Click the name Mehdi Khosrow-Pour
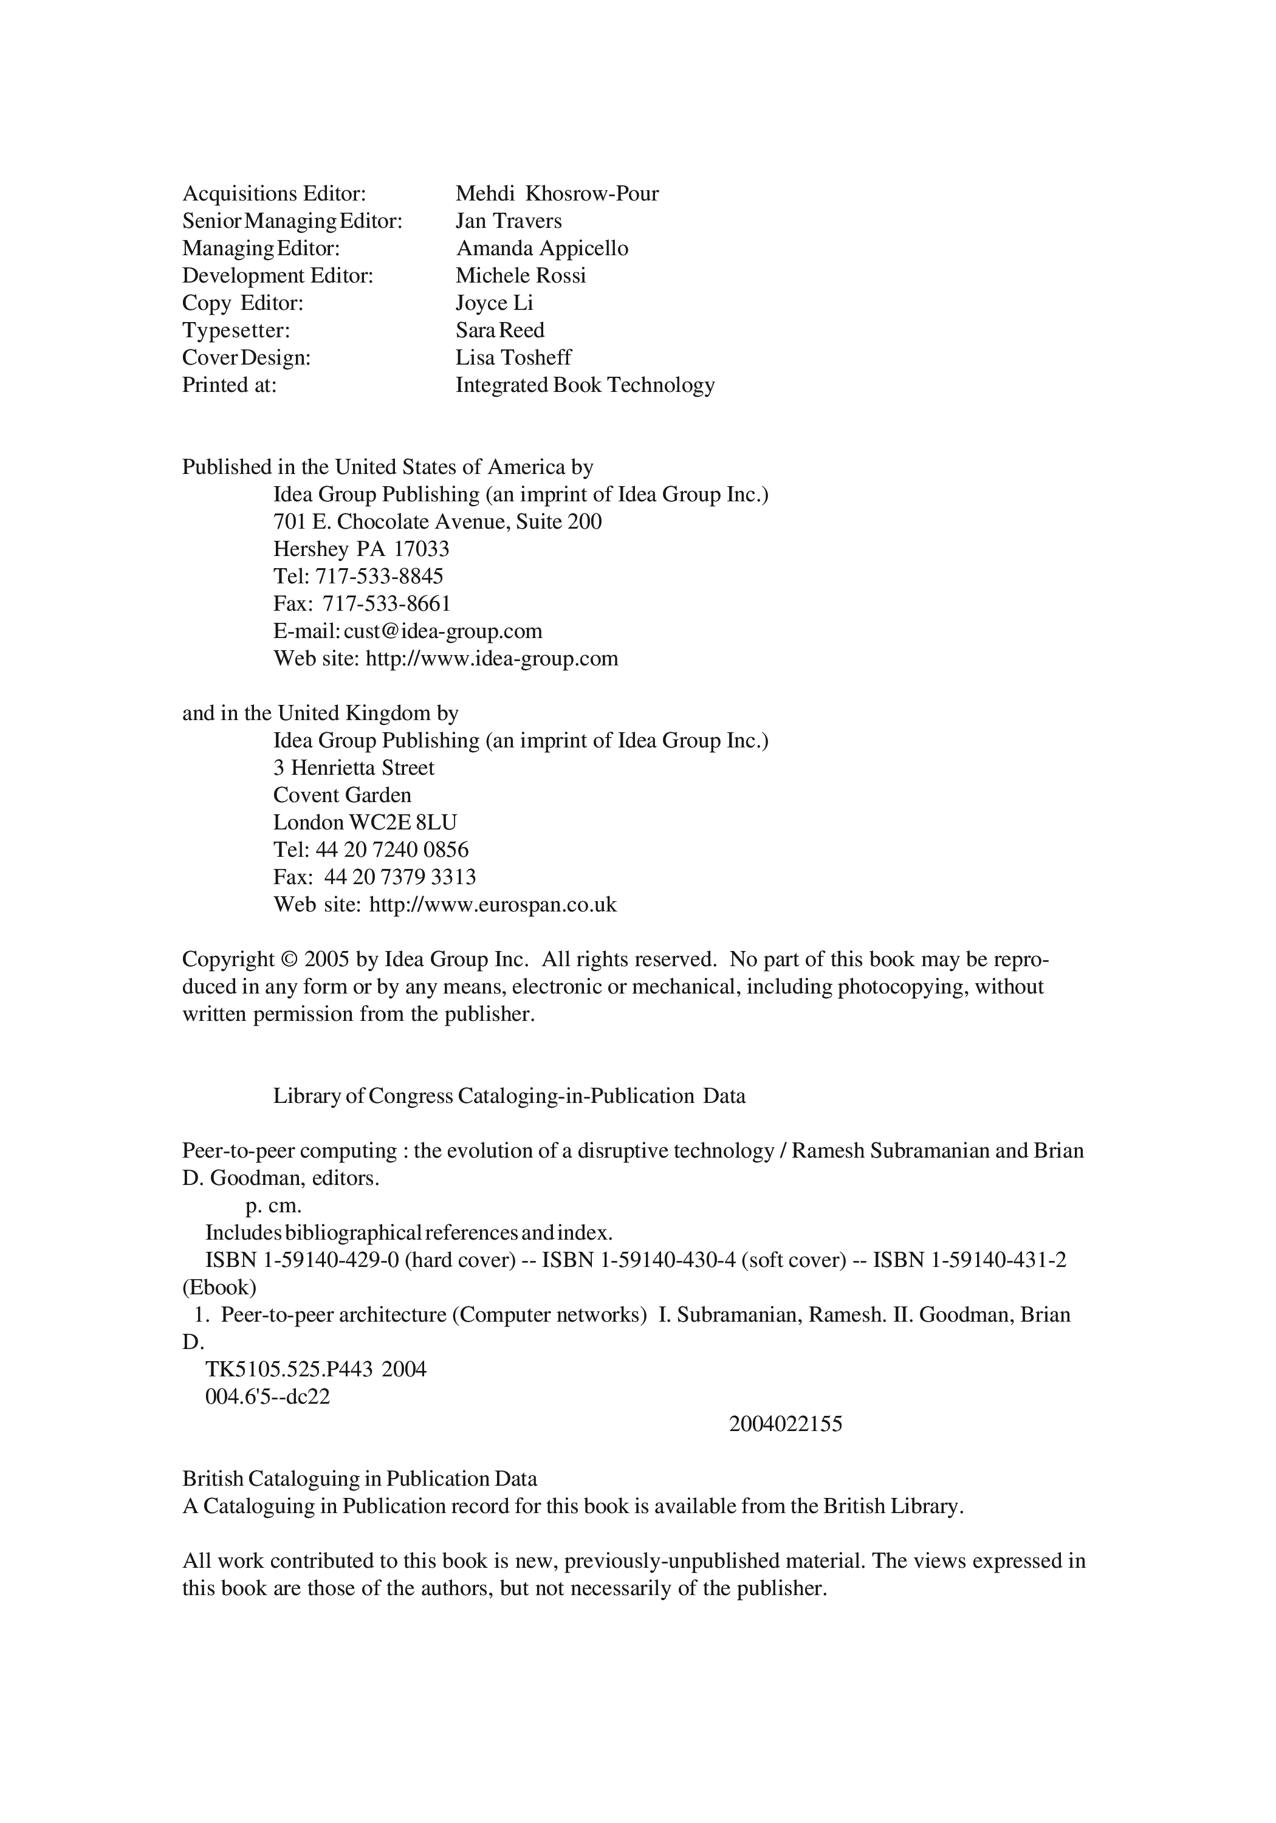click(557, 194)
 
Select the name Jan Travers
click(508, 221)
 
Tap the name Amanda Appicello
click(541, 249)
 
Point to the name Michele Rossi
click(520, 275)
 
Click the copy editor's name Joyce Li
click(494, 303)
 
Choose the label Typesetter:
click(236, 331)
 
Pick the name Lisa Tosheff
click(513, 358)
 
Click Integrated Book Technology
click(585, 385)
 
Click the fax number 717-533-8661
click(386, 604)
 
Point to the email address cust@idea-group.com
click(443, 631)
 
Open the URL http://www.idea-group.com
click(492, 659)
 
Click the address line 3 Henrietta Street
click(354, 768)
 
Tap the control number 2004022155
click(785, 1424)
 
